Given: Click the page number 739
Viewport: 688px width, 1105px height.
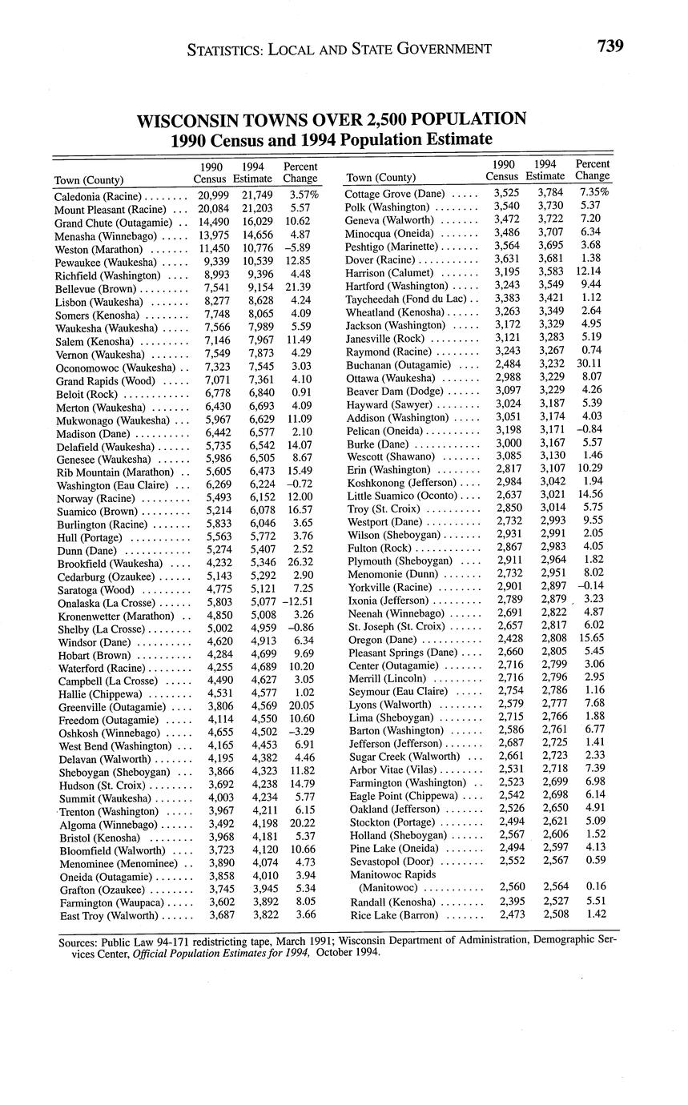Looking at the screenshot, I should click(610, 46).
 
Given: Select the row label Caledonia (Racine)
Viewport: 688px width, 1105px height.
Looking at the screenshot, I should click(98, 196).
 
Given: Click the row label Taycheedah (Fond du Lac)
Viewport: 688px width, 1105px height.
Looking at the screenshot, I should click(405, 299).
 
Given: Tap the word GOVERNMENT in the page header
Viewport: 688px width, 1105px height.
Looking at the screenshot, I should click(428, 49).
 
